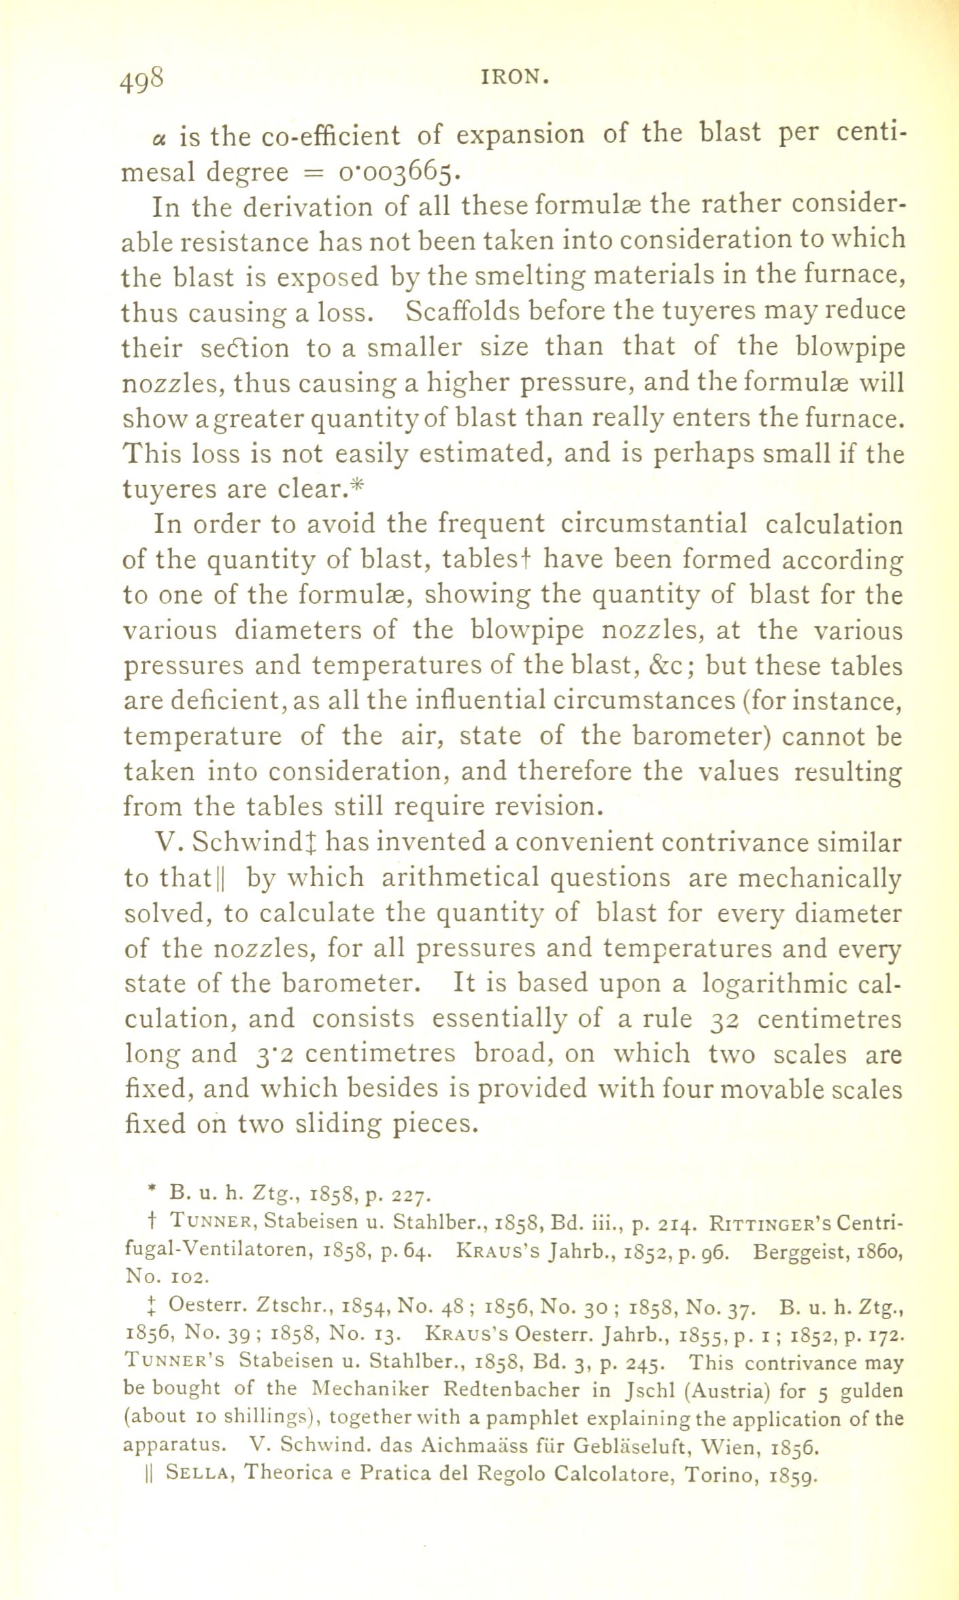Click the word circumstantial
(x=654, y=524)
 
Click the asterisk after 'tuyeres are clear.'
(x=360, y=488)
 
